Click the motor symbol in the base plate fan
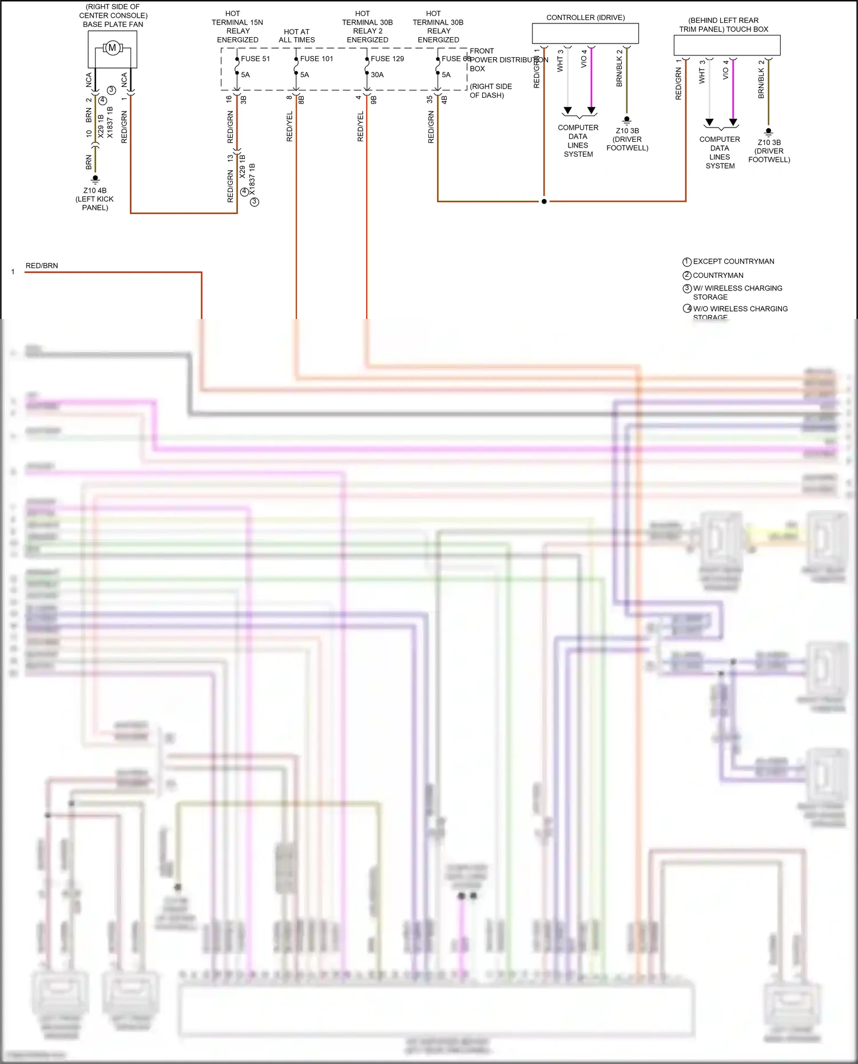pos(113,48)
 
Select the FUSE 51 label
pos(255,58)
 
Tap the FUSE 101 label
pos(316,58)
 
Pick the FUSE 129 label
pos(387,58)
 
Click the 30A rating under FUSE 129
pos(377,74)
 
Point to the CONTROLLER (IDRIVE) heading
pos(585,18)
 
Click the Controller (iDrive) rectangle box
pos(585,33)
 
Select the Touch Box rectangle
pos(726,45)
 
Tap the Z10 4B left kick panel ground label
pos(95,198)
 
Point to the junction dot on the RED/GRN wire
pos(544,201)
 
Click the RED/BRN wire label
pos(42,265)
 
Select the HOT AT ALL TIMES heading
pos(297,35)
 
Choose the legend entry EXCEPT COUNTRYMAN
pos(733,261)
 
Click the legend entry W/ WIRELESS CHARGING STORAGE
pos(737,292)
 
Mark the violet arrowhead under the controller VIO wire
pos(591,110)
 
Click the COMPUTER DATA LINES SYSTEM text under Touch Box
pos(720,152)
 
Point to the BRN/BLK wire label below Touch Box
pos(761,83)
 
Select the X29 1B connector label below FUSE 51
pos(243,166)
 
